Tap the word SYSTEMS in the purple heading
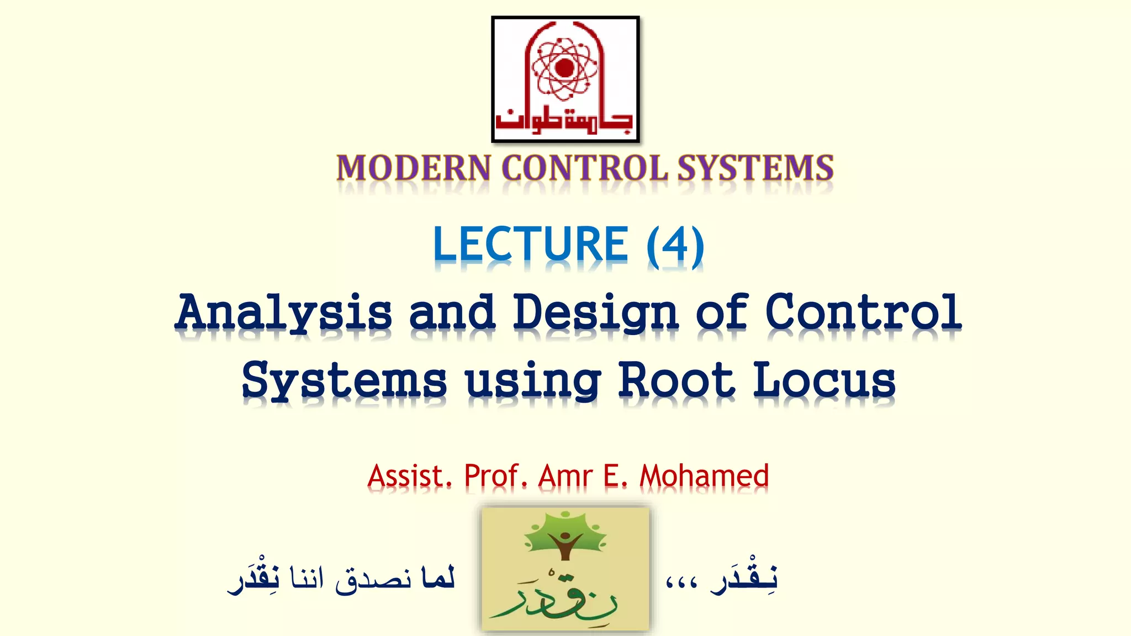click(755, 168)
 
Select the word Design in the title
click(595, 312)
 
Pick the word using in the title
click(533, 381)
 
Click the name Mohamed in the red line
click(704, 475)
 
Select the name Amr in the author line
click(566, 475)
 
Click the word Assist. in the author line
click(410, 475)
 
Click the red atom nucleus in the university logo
click(564, 68)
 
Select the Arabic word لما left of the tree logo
click(437, 577)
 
